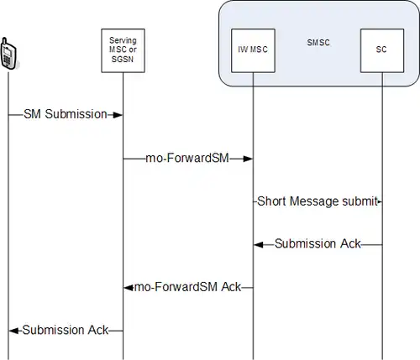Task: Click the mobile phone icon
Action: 8,53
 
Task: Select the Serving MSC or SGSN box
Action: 123,50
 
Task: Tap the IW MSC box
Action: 253,50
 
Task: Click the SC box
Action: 382,50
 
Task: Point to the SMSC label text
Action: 318,43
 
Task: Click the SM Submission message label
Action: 66,114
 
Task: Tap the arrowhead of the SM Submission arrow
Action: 118,115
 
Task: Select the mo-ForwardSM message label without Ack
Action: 187,158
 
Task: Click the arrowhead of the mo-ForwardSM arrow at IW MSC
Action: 248,159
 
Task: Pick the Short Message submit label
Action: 318,201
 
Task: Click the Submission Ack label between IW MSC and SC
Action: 318,243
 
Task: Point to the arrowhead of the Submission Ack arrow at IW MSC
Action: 259,245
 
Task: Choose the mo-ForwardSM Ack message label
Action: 188,287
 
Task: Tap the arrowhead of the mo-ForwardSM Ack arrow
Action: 129,288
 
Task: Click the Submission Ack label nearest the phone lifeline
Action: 66,330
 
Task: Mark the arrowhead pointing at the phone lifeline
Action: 13,331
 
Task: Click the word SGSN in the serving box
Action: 123,60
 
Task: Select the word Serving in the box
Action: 123,40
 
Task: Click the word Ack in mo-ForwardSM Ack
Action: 231,287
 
